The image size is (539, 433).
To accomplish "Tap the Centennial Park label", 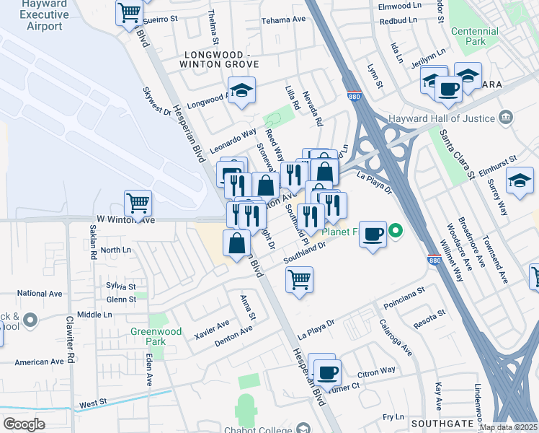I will (x=474, y=37).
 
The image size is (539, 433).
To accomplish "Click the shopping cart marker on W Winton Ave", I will (x=138, y=204).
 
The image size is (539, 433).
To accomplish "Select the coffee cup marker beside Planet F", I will (x=373, y=234).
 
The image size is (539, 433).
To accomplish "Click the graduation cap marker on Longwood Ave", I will (x=243, y=90).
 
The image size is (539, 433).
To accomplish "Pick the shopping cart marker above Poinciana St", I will (x=300, y=279).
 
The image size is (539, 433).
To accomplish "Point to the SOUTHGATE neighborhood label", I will (x=442, y=422).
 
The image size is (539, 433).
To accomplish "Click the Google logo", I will (x=24, y=424).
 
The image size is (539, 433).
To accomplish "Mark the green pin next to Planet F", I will (x=395, y=232).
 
